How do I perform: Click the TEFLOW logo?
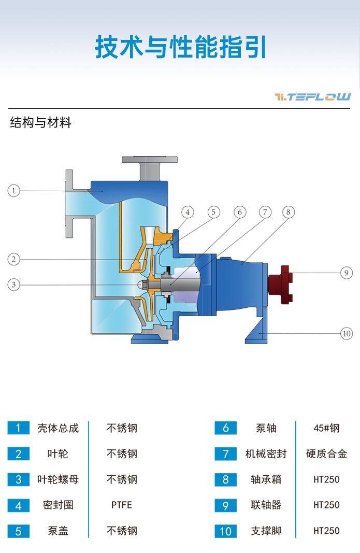313,97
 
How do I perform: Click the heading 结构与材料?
40,123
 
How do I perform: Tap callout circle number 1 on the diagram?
14,191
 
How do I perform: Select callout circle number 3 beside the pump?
14,284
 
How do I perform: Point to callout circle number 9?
347,273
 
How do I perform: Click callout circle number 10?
347,333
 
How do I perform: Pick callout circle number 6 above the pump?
239,212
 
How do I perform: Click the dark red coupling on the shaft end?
280,284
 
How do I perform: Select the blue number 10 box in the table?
225,531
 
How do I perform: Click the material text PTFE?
122,505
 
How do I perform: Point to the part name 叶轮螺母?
58,479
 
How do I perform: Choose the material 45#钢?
326,428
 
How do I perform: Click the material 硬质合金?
326,454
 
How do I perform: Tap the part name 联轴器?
266,505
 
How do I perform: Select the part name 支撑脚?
266,531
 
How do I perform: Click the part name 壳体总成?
58,428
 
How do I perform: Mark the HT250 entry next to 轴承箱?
326,479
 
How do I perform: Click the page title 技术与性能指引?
180,47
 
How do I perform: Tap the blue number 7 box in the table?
225,454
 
